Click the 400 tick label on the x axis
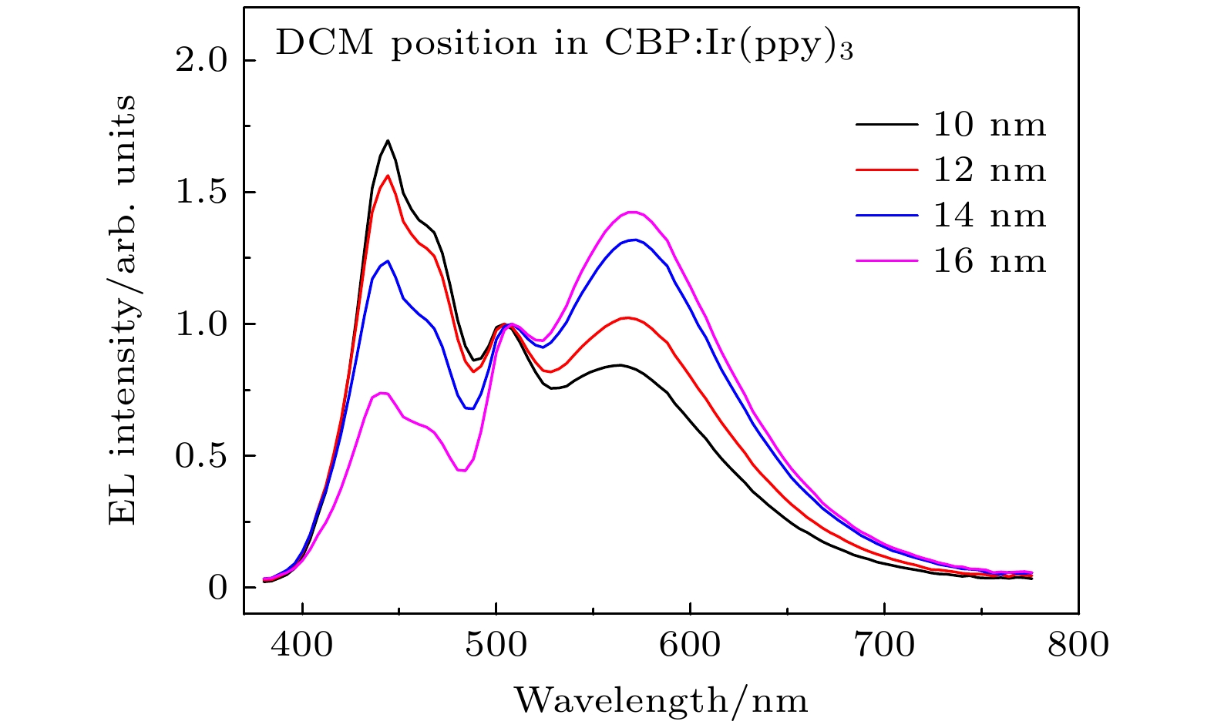click(302, 644)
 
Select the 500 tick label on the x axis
click(496, 644)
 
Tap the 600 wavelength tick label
click(691, 644)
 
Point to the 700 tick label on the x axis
click(884, 644)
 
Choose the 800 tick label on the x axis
click(1078, 644)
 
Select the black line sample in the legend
click(886, 124)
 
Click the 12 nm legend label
click(990, 170)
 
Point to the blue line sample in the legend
click(886, 216)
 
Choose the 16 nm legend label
click(990, 262)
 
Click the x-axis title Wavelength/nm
click(661, 701)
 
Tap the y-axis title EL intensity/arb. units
click(123, 310)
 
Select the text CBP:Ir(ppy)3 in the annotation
click(724, 45)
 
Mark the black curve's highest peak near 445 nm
click(388, 140)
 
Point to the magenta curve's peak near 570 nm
click(633, 212)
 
